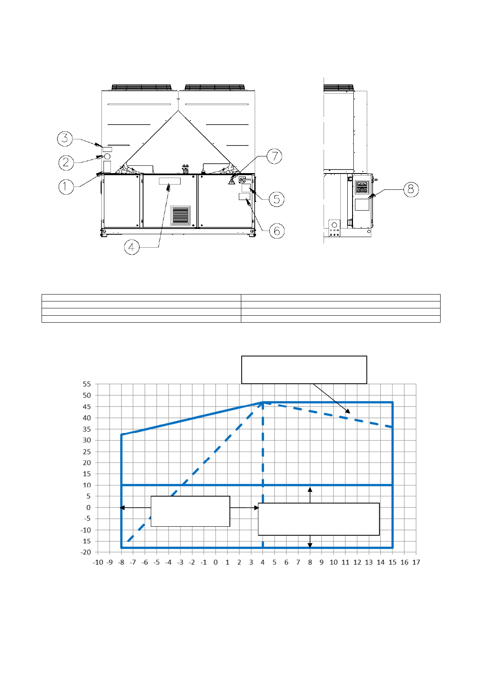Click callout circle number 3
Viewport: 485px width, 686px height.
(65, 139)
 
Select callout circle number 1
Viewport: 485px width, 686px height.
(66, 187)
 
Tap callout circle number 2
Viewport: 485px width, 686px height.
(66, 162)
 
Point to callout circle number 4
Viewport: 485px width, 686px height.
(132, 247)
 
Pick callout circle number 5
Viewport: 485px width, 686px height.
(277, 199)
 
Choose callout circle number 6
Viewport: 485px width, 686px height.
(277, 231)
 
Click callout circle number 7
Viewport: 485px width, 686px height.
(274, 156)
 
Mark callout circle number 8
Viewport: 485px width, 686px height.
(411, 189)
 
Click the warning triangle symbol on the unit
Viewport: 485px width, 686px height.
(231, 181)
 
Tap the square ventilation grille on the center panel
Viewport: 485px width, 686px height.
(180, 215)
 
